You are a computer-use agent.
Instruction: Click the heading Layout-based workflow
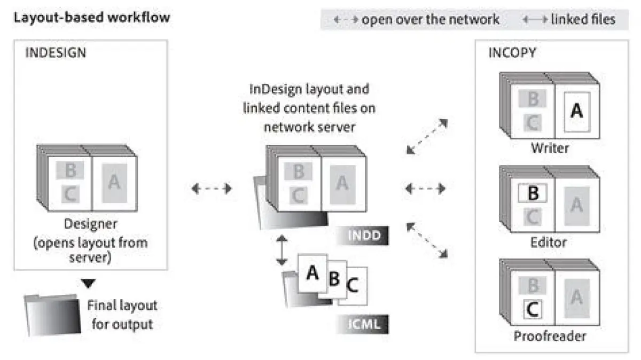pos(92,17)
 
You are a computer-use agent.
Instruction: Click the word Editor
pos(549,241)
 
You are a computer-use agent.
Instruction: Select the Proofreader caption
pos(550,336)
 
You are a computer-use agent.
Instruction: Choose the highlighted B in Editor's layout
pos(533,193)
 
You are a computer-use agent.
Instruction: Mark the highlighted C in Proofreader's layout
pos(533,308)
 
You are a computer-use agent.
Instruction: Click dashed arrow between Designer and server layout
pos(212,188)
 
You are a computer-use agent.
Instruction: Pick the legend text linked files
pos(583,20)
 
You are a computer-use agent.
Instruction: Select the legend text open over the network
pos(430,20)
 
